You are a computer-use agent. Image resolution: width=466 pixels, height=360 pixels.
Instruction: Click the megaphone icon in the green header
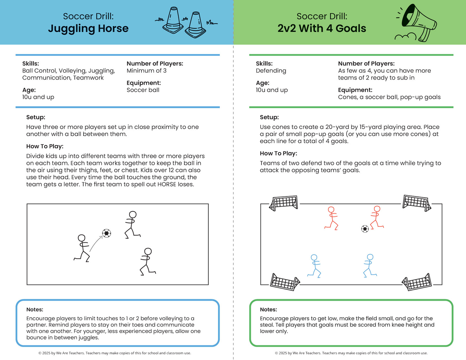point(416,22)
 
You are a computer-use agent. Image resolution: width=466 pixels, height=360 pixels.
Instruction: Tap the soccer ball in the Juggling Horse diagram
point(107,233)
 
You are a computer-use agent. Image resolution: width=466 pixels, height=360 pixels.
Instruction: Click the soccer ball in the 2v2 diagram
point(365,229)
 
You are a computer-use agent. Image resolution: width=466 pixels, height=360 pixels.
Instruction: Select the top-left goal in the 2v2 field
point(284,203)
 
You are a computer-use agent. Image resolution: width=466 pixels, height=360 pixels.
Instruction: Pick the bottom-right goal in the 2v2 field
point(416,282)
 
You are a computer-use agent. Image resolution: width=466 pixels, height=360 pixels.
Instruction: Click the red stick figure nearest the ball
point(377,217)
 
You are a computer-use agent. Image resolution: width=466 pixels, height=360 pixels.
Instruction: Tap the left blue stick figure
point(314,266)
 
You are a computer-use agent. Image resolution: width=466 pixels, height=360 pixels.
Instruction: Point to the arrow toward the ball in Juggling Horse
point(96,243)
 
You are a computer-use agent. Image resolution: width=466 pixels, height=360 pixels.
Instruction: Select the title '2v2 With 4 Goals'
point(322,28)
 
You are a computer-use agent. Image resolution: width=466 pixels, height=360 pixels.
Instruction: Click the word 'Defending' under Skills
point(271,71)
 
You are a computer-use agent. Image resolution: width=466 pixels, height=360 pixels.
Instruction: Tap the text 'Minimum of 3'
point(146,70)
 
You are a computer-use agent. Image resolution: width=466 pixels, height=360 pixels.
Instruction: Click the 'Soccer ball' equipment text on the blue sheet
point(143,90)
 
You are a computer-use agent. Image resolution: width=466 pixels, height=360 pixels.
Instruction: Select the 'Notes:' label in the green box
point(268,309)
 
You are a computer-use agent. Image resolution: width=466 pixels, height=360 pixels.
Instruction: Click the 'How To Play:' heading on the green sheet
point(278,153)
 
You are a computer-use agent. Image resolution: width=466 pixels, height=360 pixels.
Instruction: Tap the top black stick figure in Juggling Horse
point(132,225)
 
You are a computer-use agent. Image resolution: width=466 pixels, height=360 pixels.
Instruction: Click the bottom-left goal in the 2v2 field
point(285,282)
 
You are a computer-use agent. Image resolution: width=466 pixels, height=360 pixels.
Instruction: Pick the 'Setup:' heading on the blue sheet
point(36,117)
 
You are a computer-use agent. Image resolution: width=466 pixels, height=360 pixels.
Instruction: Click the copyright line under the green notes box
point(351,353)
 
